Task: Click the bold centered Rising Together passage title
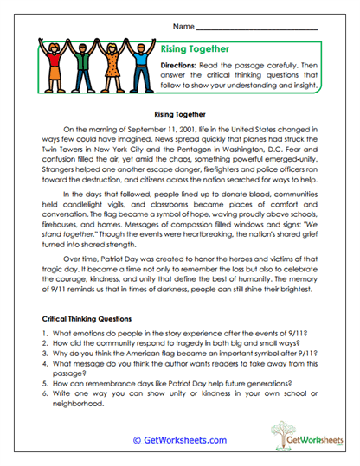click(179, 113)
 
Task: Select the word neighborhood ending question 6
click(80, 403)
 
